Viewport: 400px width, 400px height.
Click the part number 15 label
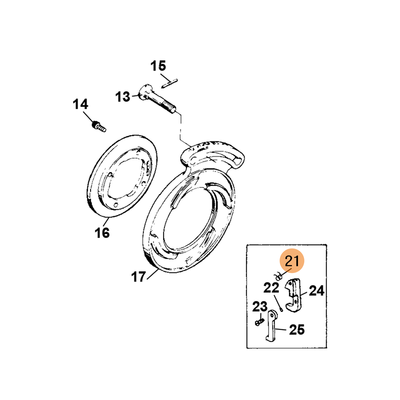(x=158, y=66)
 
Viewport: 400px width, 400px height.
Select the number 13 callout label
(x=122, y=97)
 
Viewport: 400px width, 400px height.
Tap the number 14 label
(x=80, y=104)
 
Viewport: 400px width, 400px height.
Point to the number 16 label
(x=102, y=232)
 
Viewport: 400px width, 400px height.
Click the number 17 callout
(x=138, y=276)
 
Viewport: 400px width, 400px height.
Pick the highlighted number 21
(x=292, y=261)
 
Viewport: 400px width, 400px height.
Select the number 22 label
(x=271, y=288)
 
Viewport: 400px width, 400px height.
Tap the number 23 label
(x=260, y=306)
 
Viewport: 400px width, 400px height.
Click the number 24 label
(x=316, y=290)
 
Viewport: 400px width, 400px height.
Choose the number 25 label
(x=297, y=330)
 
